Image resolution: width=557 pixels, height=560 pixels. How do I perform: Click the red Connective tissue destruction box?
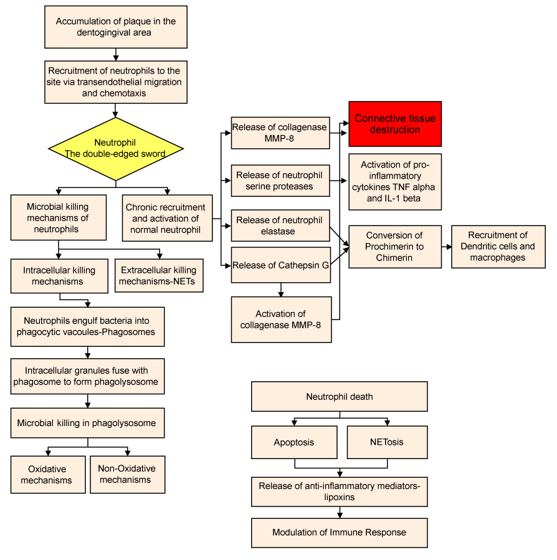point(395,124)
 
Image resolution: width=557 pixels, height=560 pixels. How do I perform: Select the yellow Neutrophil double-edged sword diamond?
point(116,149)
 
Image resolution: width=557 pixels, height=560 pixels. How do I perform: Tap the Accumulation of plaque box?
point(116,27)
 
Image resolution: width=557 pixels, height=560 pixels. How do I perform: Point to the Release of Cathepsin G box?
point(281,265)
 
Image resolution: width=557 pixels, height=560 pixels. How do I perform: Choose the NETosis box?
point(388,442)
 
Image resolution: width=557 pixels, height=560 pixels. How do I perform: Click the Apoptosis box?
point(294,442)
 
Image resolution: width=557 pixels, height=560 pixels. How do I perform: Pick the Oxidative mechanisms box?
point(48,475)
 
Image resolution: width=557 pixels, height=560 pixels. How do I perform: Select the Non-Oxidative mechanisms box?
point(128,475)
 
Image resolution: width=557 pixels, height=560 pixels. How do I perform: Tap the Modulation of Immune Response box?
point(340,533)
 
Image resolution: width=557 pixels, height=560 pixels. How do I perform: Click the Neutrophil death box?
point(340,396)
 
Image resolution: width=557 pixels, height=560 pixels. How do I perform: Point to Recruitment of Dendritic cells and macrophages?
point(498,247)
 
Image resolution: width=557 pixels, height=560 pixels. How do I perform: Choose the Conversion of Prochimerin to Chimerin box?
point(395,247)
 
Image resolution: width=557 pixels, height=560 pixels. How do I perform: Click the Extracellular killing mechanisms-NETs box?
point(159,275)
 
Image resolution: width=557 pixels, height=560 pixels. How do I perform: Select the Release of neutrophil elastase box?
point(280,225)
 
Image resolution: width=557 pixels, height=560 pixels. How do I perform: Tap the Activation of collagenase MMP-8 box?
point(281,320)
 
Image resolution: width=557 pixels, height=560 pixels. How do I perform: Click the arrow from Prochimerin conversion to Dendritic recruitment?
point(447,247)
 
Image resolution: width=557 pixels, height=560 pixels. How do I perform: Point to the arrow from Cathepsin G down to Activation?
point(281,290)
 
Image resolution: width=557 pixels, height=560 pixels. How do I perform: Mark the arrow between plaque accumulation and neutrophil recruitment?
point(116,55)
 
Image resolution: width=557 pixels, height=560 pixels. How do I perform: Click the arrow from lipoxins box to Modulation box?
point(340,513)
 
